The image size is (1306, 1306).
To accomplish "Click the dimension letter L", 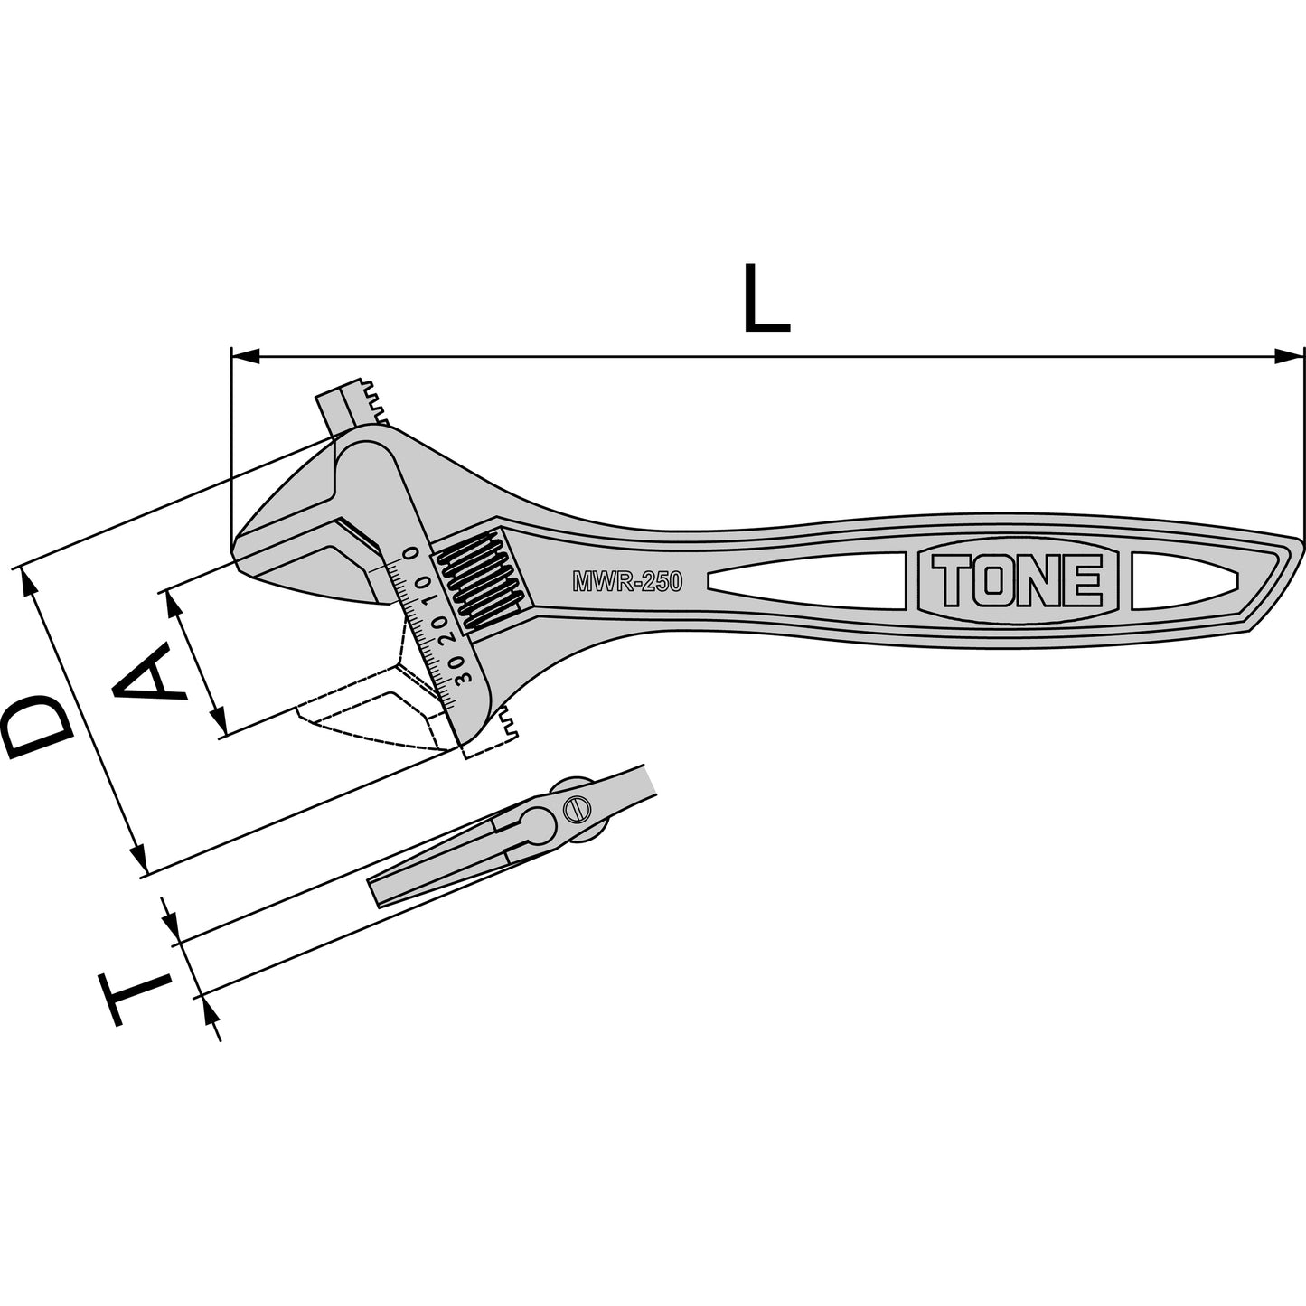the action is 766,299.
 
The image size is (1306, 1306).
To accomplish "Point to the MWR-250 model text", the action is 627,581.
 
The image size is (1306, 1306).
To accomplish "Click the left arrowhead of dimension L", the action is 245,356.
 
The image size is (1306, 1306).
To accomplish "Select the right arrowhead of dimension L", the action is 1289,356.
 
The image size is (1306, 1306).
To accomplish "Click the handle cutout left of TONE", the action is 806,581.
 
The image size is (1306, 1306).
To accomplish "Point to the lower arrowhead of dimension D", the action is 137,859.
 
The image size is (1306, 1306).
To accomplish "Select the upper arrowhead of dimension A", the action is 174,606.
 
